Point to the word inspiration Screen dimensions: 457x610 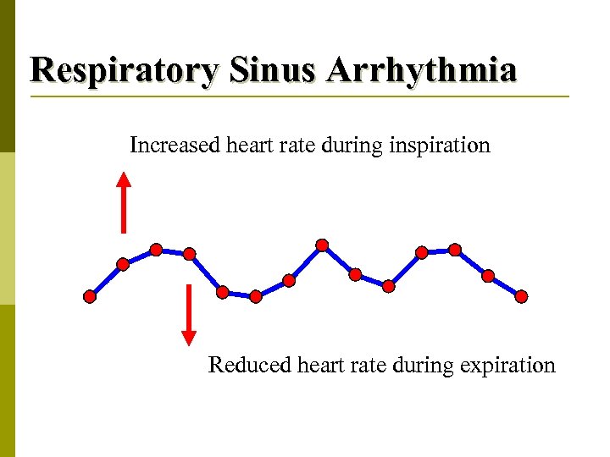(440, 146)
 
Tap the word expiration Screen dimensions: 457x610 (507, 366)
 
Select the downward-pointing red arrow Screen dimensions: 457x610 (190, 315)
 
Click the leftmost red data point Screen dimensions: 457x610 (90, 296)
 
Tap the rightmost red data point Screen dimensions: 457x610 (521, 296)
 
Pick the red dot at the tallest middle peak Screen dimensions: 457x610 (322, 245)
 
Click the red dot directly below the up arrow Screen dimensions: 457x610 (123, 264)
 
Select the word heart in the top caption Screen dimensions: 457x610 (254, 146)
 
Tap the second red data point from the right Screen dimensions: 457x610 (488, 275)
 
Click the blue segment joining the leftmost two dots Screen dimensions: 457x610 (106, 280)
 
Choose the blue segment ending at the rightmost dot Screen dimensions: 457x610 (505, 286)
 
